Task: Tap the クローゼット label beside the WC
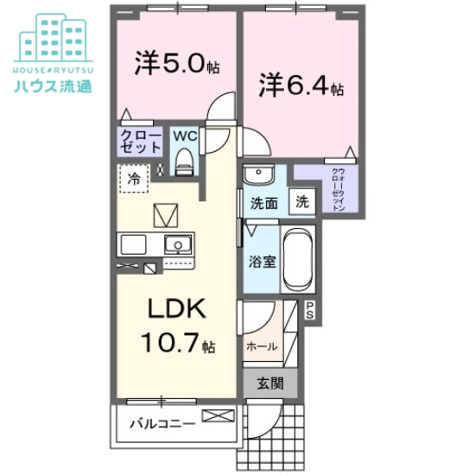pos(139,142)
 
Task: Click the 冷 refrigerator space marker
pos(134,179)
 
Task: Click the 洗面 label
pos(263,205)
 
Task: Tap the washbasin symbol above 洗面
pos(258,176)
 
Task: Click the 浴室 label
pos(263,261)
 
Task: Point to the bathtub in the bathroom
pos(299,261)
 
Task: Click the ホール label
pos(262,346)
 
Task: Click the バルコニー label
pos(160,423)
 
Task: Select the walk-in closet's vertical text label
pos(339,188)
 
